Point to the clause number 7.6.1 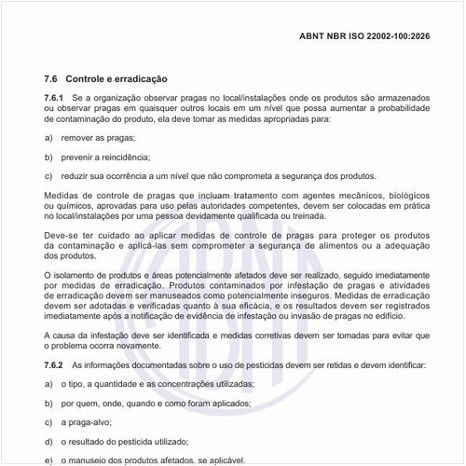click(x=54, y=97)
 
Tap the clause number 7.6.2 click(x=54, y=365)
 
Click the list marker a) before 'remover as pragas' click(x=48, y=137)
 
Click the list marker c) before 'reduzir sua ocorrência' click(x=48, y=176)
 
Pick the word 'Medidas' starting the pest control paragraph click(x=62, y=196)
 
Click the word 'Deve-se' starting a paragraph click(x=62, y=236)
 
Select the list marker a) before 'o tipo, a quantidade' click(x=48, y=384)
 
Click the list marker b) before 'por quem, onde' click(x=48, y=404)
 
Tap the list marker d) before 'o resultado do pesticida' click(x=48, y=442)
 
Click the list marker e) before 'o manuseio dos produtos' click(x=48, y=460)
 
